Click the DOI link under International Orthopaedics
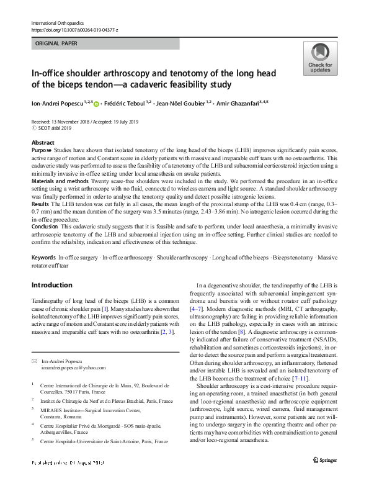click(x=74, y=30)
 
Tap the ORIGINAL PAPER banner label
click(x=56, y=44)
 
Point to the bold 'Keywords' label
click(x=43, y=257)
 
